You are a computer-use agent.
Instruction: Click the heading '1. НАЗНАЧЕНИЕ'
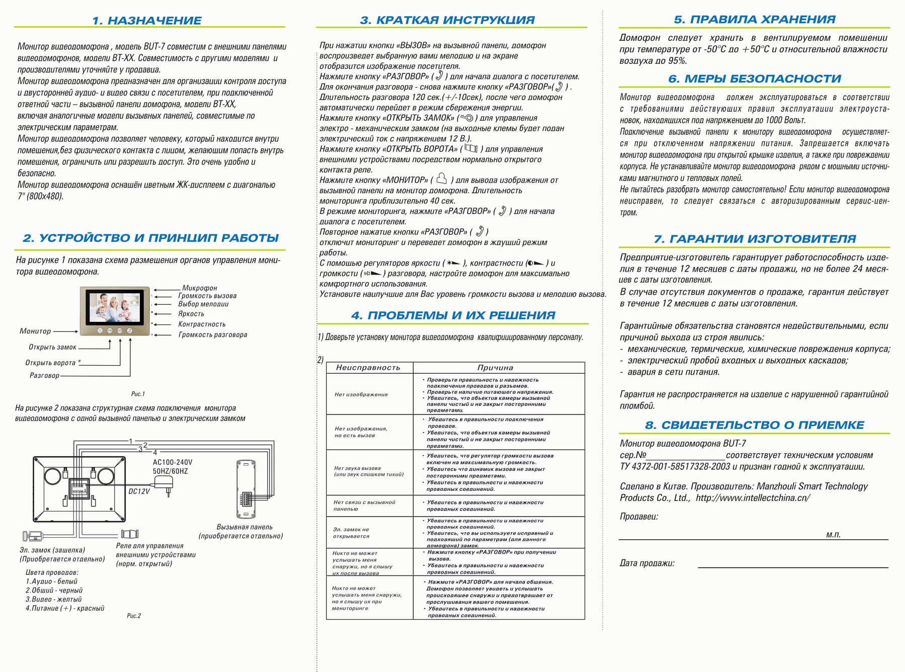coord(146,21)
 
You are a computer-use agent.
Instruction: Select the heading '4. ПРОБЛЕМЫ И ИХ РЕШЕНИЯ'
coord(453,315)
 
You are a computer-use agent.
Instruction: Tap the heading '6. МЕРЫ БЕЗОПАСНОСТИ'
coord(754,79)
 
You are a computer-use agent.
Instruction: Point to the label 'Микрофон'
coord(200,288)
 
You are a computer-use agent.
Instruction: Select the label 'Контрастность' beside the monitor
coord(202,324)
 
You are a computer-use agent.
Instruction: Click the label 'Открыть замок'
coord(52,347)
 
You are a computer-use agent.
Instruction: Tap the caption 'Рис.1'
coord(138,394)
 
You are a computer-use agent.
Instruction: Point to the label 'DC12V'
coord(139,491)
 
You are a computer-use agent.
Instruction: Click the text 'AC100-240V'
coord(172,462)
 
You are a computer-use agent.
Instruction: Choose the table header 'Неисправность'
coord(368,368)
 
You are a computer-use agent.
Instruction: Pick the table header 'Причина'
coord(495,368)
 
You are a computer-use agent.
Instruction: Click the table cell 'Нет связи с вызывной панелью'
coord(364,506)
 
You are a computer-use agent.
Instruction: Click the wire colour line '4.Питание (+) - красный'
coord(65,608)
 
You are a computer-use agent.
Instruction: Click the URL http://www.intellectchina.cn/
coord(753,498)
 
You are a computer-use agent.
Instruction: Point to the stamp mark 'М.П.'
coord(833,535)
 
